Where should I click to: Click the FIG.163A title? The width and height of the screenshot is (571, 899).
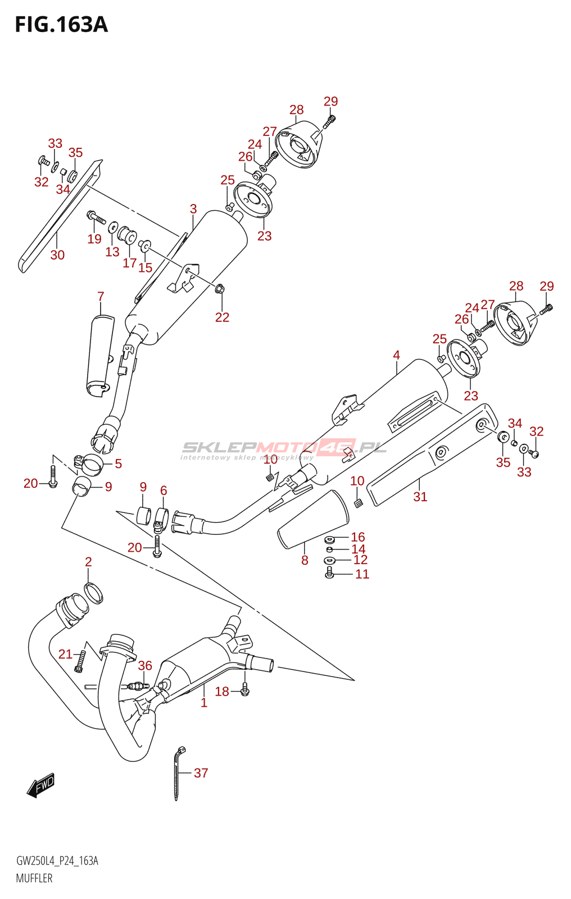[61, 25]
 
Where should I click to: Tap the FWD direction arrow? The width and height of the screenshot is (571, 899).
[40, 784]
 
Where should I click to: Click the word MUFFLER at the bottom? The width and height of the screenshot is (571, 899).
[34, 879]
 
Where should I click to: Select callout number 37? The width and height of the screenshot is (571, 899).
[201, 773]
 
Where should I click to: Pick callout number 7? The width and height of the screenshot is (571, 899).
[101, 296]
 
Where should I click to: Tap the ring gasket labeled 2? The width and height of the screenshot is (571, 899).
[93, 593]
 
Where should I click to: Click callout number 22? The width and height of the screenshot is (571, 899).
[222, 317]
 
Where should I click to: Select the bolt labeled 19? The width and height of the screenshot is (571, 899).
[96, 217]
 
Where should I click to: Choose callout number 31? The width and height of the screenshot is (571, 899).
[420, 497]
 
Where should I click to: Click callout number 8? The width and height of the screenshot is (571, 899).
[305, 560]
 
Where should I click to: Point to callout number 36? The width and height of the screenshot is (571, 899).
[145, 665]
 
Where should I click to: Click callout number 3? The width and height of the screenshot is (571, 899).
[193, 208]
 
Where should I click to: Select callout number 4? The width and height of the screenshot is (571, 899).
[396, 355]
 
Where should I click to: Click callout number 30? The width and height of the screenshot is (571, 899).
[57, 255]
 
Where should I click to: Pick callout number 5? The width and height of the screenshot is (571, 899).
[118, 464]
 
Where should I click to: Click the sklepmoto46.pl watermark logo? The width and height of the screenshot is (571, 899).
[284, 449]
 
